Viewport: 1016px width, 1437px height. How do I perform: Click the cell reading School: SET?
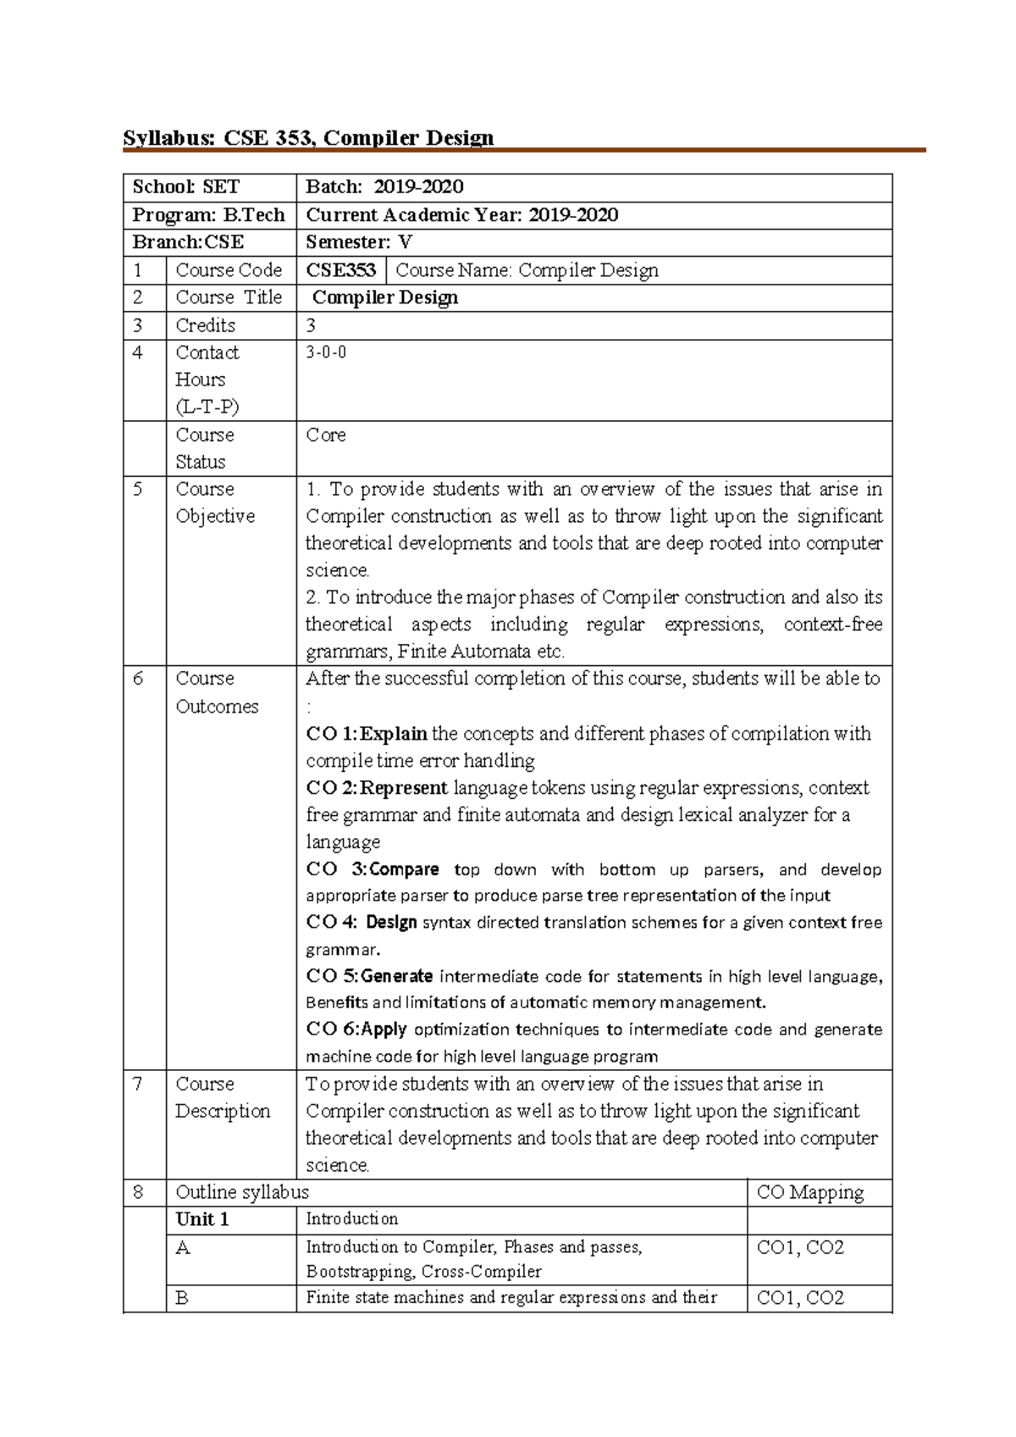coord(186,187)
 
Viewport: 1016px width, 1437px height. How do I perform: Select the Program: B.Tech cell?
coord(208,215)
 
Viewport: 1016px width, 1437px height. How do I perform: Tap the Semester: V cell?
coord(359,242)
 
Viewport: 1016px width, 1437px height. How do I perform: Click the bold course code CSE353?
coord(340,270)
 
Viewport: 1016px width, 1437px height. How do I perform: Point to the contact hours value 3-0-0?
coord(326,352)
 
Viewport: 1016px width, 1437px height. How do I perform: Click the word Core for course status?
coord(326,435)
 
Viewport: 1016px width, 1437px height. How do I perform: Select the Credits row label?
coord(206,325)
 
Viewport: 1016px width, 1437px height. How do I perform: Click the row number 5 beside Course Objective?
coord(138,489)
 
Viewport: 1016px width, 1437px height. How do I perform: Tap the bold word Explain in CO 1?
coord(394,734)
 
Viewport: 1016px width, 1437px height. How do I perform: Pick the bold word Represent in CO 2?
coord(404,788)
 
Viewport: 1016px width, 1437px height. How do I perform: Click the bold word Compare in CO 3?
coord(405,869)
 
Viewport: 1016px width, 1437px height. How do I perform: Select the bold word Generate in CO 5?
coord(397,976)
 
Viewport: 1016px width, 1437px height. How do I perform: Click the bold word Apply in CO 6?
coord(384,1029)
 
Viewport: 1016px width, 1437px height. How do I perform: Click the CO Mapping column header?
coord(809,1193)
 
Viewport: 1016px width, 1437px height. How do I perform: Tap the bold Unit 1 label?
coord(202,1219)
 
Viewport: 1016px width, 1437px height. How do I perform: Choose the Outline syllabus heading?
coord(242,1192)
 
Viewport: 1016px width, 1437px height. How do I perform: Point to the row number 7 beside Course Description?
coord(138,1084)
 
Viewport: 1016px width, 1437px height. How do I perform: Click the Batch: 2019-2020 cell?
coord(384,187)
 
